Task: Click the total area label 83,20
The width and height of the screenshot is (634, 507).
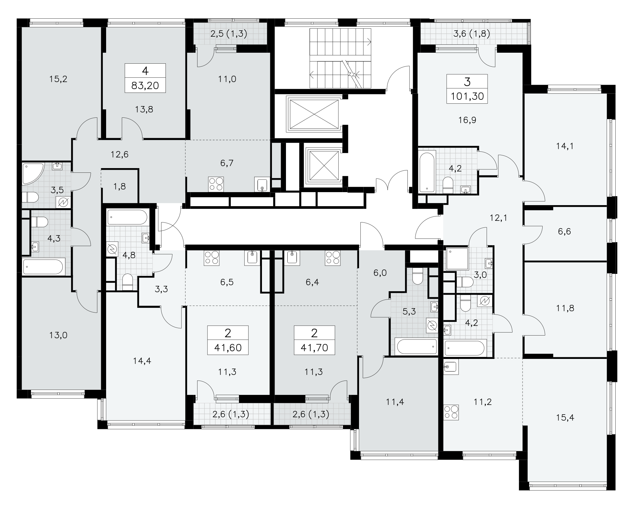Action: click(x=145, y=86)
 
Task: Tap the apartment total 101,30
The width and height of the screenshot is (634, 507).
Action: click(x=467, y=97)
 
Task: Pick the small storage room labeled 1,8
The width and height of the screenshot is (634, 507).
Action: click(x=119, y=186)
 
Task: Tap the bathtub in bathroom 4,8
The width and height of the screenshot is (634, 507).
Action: click(x=127, y=217)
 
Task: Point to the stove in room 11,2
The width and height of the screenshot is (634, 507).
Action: click(x=451, y=412)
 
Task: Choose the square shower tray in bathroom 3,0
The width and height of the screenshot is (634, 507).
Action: click(x=457, y=258)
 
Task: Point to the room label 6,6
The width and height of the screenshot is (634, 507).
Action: click(x=564, y=231)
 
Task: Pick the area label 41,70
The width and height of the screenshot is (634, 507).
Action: click(x=314, y=348)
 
